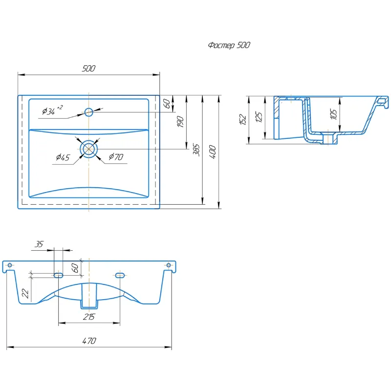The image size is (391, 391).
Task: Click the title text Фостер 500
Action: coord(229,45)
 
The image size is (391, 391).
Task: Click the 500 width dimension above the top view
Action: coord(88,68)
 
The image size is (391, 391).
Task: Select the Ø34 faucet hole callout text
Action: coord(52,109)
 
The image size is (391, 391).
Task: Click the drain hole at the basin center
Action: coord(89,149)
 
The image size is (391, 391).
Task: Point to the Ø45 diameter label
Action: coord(63,157)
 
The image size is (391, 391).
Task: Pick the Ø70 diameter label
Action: coord(116,156)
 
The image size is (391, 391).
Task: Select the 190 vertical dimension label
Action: coord(180,121)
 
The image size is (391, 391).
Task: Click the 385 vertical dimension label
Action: coord(196,150)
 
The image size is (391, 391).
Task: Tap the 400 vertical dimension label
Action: coord(213,152)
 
